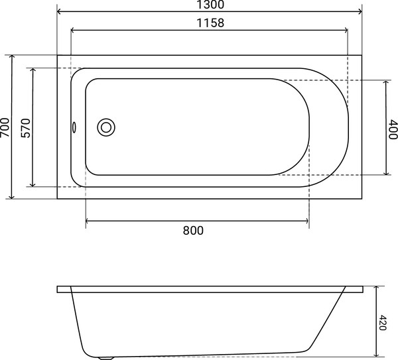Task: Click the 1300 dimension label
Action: coord(210,5)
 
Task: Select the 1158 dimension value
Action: coord(210,23)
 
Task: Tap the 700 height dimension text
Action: coord(5,127)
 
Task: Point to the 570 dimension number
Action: coord(25,128)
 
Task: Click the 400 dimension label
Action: coord(393,129)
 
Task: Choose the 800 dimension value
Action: coord(193,230)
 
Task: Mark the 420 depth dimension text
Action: coord(382,322)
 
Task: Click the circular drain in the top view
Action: coord(106,127)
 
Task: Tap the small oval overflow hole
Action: coord(74,127)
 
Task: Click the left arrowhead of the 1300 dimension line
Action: coord(59,11)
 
